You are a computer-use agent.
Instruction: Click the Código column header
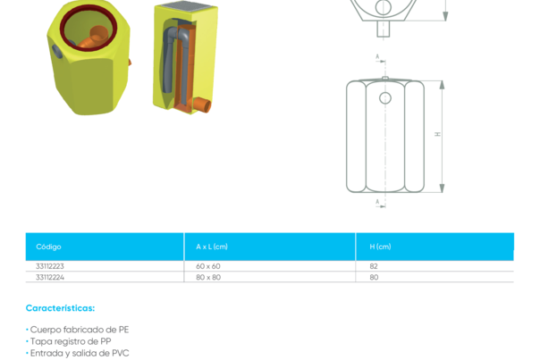click(48, 247)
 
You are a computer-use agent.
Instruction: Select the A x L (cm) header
click(212, 247)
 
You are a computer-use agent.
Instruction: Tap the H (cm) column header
click(380, 247)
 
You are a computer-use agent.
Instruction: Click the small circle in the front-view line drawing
click(384, 96)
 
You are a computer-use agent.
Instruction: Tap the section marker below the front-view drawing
click(378, 204)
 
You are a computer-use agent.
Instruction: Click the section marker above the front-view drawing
click(378, 61)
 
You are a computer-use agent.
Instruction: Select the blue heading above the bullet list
click(60, 308)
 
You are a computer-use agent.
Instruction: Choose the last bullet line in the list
click(80, 353)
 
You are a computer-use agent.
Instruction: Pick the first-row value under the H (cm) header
click(374, 266)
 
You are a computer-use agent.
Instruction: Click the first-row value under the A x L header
click(208, 266)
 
